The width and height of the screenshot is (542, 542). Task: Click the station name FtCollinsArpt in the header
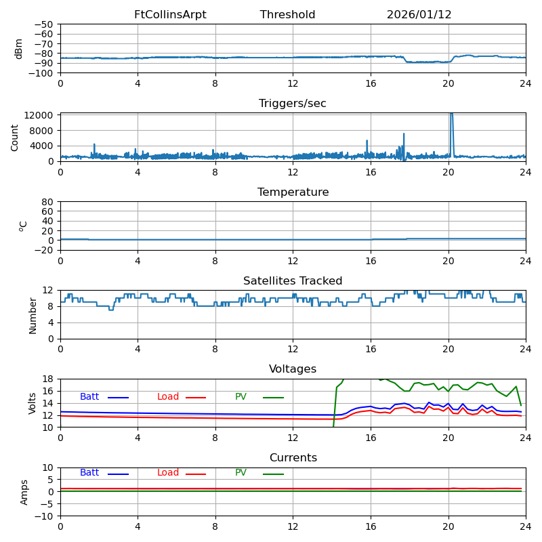pos(170,15)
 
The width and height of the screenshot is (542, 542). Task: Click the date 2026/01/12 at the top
pos(419,15)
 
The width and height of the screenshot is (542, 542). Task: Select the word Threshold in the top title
pos(287,15)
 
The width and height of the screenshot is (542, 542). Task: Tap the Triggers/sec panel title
pos(293,104)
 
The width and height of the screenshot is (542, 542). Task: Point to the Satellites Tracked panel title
pos(293,281)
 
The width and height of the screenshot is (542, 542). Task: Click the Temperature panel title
pos(293,192)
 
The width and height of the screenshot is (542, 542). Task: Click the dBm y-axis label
pos(19,49)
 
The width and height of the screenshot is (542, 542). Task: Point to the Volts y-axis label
pos(33,403)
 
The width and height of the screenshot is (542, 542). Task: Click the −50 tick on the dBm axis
pos(43,24)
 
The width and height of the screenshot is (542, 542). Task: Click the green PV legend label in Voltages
pos(241,397)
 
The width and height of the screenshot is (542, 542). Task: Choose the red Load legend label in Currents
pos(168,473)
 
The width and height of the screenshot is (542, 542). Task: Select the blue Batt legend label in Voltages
pos(89,397)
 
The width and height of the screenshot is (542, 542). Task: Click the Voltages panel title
pos(293,369)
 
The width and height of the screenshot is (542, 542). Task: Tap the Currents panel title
pos(293,458)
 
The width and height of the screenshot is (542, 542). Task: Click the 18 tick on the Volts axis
pos(47,379)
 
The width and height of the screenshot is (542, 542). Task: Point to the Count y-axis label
pos(15,137)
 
